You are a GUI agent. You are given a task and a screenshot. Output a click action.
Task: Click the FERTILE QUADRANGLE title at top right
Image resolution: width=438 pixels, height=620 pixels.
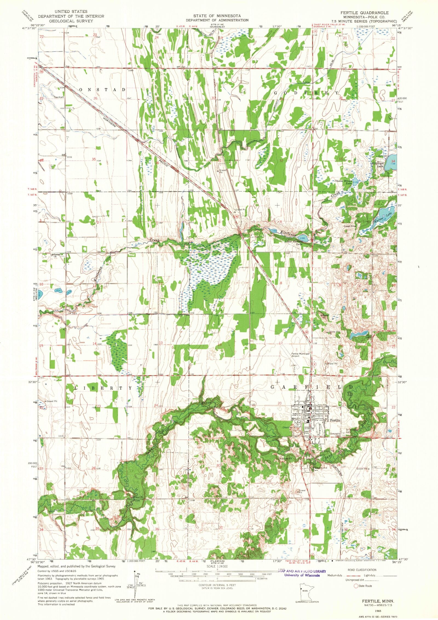(x=364, y=13)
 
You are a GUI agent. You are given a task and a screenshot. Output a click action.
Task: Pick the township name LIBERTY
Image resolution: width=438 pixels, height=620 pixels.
(x=103, y=388)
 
